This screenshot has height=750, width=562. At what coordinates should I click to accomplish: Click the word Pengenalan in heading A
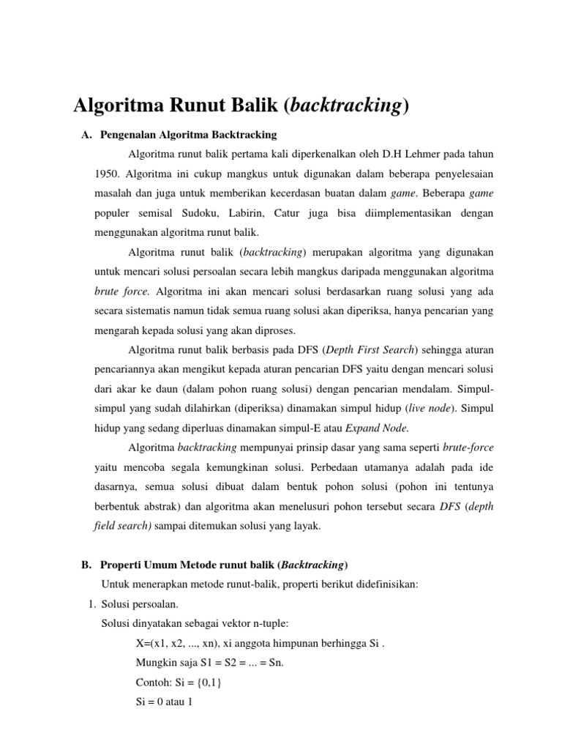pos(130,135)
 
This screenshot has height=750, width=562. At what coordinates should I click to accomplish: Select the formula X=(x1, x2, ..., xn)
pos(176,644)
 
